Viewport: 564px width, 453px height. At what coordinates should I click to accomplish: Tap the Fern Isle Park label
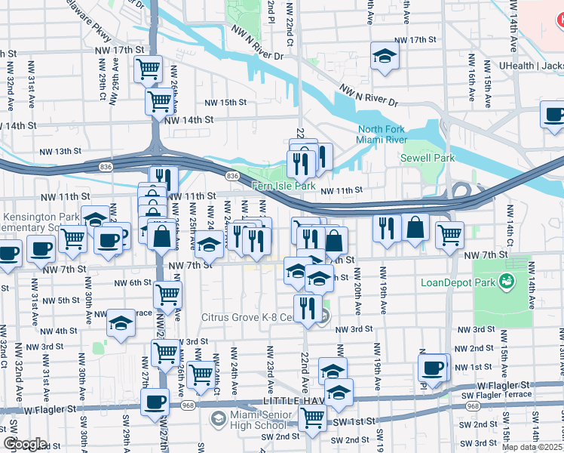[x=284, y=186]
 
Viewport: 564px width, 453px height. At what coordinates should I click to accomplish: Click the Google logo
[x=25, y=444]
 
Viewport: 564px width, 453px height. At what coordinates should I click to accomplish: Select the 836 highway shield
[x=232, y=176]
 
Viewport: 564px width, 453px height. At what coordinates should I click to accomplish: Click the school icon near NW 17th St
[x=385, y=55]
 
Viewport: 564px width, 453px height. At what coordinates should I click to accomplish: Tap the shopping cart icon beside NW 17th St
[x=149, y=69]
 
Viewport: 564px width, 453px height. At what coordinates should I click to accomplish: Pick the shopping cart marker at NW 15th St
[x=160, y=100]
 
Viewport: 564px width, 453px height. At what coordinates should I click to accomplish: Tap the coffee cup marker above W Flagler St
[x=155, y=401]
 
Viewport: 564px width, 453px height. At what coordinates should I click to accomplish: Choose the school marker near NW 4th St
[x=121, y=322]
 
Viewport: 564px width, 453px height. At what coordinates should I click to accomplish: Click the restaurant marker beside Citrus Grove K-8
[x=307, y=307]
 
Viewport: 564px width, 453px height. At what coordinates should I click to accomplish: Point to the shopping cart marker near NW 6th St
[x=167, y=294]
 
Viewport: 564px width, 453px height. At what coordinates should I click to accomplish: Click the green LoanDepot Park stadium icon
[x=506, y=282]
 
